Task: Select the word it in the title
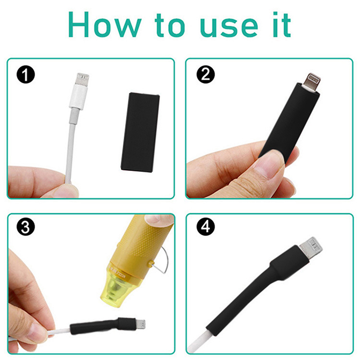coord(282,25)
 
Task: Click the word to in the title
coord(170,25)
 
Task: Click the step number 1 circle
coord(26,75)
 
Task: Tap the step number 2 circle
coord(206,75)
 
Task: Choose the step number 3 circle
coord(26,227)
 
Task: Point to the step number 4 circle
coord(206,227)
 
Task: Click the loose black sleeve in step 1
coord(140,132)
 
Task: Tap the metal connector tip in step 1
coord(83,79)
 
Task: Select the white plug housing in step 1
coord(78,96)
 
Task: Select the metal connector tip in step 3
coord(140,324)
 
